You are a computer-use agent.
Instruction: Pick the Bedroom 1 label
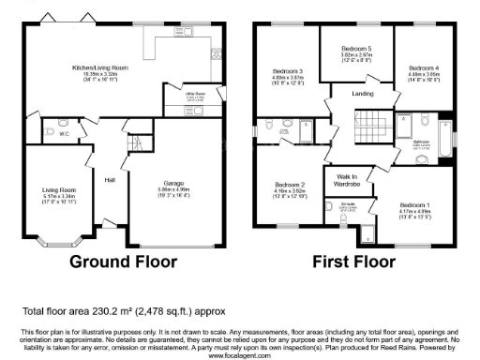413,204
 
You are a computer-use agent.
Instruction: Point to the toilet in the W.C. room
62,124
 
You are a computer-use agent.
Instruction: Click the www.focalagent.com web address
240,356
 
